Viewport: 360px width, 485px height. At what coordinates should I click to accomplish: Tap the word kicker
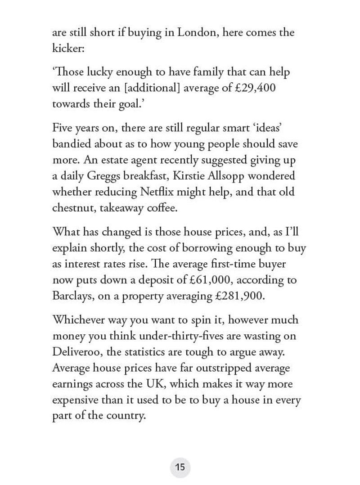pyautogui.click(x=68, y=49)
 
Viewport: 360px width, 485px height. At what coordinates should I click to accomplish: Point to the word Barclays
pyautogui.click(x=73, y=296)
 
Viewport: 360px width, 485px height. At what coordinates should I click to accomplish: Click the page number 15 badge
pyautogui.click(x=180, y=467)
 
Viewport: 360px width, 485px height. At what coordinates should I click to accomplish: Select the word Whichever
pyautogui.click(x=80, y=320)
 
